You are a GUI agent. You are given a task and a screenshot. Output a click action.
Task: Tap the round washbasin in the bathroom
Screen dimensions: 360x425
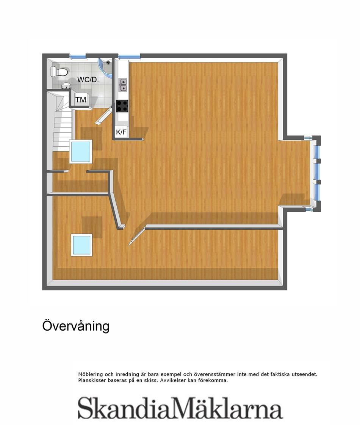(66, 86)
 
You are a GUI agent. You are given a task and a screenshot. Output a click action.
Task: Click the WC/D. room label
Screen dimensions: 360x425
(88, 80)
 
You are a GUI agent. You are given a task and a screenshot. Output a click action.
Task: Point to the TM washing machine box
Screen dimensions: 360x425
(81, 100)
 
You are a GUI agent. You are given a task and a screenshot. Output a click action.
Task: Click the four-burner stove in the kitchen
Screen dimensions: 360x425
(122, 106)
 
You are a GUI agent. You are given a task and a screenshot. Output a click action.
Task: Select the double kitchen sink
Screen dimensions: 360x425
(123, 85)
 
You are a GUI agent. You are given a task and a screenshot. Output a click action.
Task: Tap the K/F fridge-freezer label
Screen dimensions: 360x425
(121, 132)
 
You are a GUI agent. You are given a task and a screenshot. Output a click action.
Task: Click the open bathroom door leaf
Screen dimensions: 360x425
(104, 116)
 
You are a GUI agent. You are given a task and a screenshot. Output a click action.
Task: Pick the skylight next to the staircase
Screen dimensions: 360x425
(81, 151)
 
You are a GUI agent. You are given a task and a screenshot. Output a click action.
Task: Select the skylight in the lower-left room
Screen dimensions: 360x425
(81, 245)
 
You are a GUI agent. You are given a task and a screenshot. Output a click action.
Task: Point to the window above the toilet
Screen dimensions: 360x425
(78, 56)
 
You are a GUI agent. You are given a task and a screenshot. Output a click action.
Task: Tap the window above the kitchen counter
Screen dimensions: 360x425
(129, 56)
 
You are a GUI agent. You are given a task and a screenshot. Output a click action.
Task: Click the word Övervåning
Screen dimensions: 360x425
(76, 326)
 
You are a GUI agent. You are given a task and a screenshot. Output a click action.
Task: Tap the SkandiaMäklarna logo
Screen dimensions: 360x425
(180, 408)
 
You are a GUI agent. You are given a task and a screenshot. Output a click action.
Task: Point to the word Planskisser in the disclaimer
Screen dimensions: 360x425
(92, 381)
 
